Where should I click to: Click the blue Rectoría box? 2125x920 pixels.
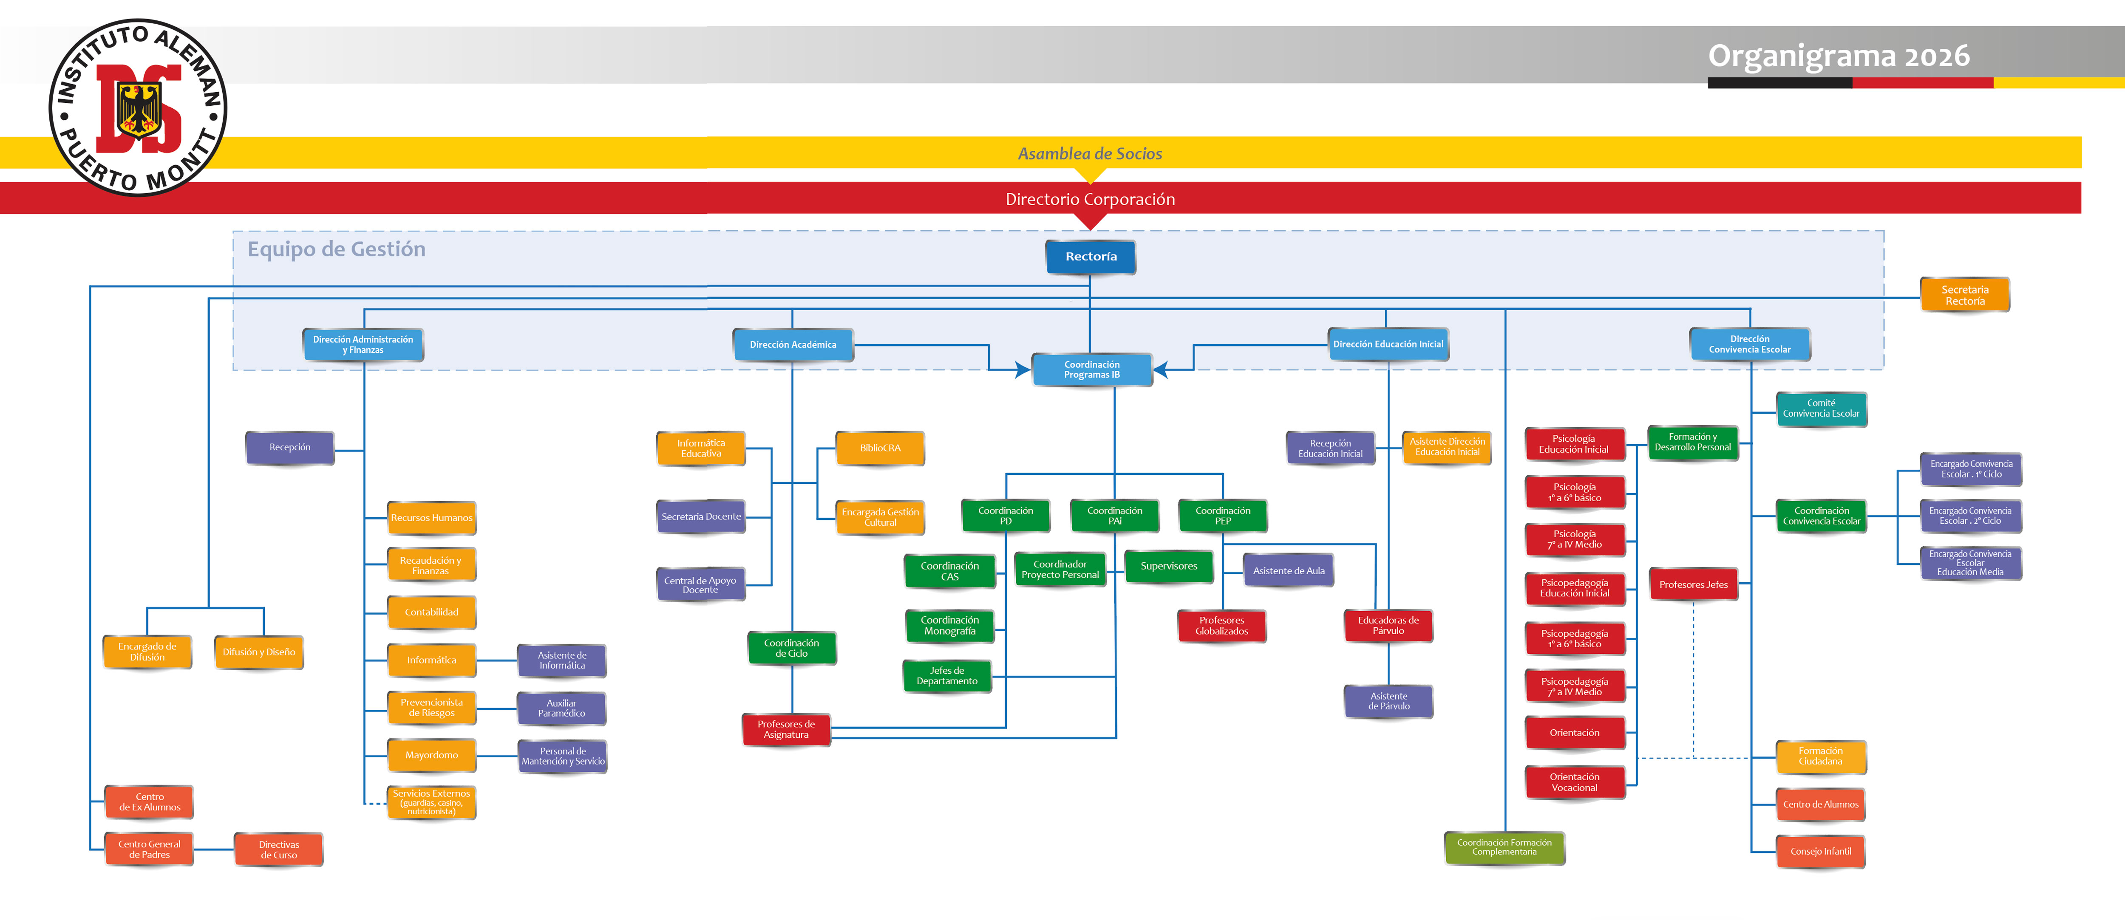1091,257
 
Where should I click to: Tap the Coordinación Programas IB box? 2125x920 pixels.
1091,370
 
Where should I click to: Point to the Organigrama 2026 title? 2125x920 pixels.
1839,56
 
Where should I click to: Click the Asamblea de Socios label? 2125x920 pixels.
1090,153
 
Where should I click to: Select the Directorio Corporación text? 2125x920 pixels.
1090,199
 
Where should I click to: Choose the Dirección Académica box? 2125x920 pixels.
793,344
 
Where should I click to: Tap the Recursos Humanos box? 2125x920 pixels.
431,518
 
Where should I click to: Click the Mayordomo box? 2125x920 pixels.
431,755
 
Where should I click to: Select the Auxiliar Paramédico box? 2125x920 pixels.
562,708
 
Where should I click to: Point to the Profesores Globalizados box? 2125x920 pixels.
1222,626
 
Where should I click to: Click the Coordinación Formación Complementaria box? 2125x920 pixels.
1504,847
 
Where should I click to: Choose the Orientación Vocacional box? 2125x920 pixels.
1575,782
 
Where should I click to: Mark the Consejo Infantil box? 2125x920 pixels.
1821,852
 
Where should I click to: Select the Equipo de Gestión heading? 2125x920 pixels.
337,249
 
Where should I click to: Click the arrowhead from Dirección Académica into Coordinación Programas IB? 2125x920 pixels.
1023,370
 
